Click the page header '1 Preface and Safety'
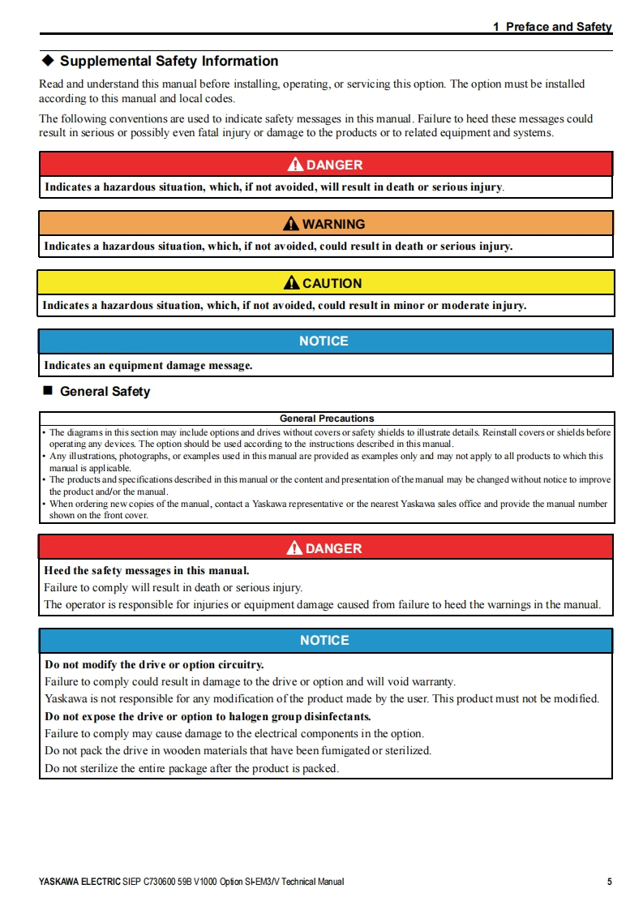[x=552, y=27]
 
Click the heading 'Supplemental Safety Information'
[x=169, y=61]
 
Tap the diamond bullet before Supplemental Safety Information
[x=47, y=61]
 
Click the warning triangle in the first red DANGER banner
[x=296, y=165]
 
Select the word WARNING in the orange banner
[x=333, y=224]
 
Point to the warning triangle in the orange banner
[x=292, y=224]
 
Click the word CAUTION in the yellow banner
[x=332, y=283]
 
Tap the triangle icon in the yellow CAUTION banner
[x=292, y=283]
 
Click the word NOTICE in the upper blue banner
[x=324, y=341]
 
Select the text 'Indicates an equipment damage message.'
[x=148, y=366]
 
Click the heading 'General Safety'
[x=105, y=392]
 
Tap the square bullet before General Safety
[x=47, y=392]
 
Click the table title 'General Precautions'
[x=327, y=419]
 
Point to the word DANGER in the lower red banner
[x=333, y=548]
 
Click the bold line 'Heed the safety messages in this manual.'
[x=147, y=570]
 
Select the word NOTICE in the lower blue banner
[x=324, y=641]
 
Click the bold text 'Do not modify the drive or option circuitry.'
[x=154, y=665]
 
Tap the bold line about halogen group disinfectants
[x=208, y=717]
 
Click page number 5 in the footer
[x=609, y=882]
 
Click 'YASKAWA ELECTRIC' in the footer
[x=79, y=882]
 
